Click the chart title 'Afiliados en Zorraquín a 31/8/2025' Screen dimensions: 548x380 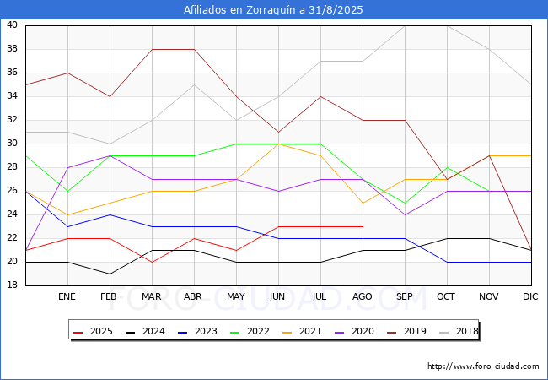273,10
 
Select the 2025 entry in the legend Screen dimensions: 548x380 93,331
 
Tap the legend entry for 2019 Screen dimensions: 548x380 406,331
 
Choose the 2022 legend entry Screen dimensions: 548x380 250,331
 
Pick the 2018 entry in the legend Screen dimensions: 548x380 459,331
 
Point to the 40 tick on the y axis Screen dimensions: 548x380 13,24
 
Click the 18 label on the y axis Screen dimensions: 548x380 13,285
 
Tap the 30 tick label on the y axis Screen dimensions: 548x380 13,144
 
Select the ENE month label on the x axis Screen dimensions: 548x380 67,296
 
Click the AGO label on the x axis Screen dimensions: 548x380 363,296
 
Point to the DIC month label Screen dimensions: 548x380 530,296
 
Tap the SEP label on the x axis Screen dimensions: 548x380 405,296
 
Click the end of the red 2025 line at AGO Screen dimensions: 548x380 363,227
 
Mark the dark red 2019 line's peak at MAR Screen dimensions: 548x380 153,49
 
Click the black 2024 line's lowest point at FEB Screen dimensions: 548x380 110,274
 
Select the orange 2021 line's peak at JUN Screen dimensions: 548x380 278,144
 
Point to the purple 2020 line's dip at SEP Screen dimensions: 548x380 405,214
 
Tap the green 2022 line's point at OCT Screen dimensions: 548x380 448,167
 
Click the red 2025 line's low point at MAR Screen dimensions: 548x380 153,262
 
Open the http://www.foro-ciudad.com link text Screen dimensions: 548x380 483,366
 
